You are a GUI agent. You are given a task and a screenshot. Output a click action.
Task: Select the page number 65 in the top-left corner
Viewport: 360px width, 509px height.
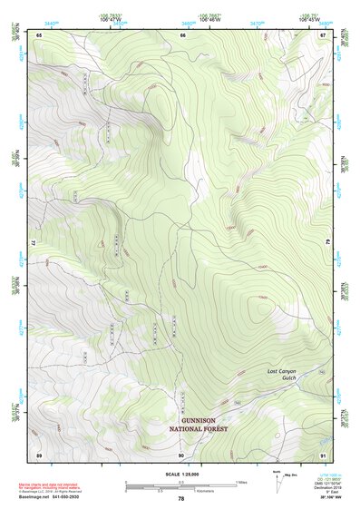click(x=39, y=34)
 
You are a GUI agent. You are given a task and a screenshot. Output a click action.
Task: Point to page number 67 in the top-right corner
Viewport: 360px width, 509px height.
click(x=324, y=34)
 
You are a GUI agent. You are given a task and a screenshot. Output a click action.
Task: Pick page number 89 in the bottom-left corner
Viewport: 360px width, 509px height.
click(x=39, y=454)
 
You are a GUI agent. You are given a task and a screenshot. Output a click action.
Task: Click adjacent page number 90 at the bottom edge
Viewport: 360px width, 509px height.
click(x=181, y=454)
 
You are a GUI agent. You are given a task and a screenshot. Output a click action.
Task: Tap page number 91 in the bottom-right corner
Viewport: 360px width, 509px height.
click(x=324, y=454)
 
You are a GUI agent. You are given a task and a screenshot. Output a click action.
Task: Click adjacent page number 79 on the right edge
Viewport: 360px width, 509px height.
click(x=325, y=243)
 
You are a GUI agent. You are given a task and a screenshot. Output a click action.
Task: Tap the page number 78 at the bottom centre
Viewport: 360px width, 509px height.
click(x=181, y=498)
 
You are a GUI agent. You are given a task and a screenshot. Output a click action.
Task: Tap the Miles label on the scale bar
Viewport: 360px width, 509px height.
click(x=242, y=482)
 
